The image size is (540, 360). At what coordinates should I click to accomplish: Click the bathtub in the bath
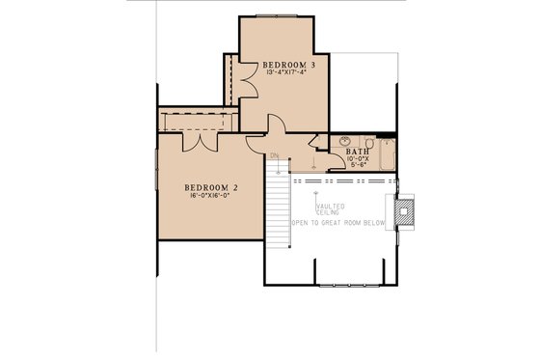(x=387, y=153)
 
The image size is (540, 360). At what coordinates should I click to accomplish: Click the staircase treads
(x=278, y=208)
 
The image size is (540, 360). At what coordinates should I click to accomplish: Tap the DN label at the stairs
(x=275, y=157)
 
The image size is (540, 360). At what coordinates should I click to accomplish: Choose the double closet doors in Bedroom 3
(x=245, y=80)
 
